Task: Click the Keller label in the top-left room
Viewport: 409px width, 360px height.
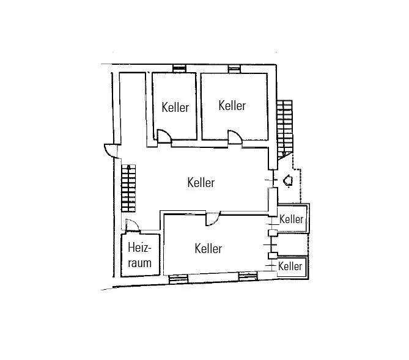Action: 175,107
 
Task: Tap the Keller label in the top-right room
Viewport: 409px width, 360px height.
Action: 232,106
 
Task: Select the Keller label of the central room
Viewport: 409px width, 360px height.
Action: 201,182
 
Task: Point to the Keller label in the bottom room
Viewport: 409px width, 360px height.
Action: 208,248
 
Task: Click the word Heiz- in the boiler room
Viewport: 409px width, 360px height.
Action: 139,248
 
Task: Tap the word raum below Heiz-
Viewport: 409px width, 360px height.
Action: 139,263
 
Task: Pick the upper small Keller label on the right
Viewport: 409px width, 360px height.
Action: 291,219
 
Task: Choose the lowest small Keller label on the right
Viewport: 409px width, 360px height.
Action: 290,266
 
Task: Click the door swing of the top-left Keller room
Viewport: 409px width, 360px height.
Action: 164,136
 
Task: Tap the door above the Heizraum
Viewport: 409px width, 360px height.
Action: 132,225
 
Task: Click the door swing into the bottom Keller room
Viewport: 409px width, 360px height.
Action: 212,219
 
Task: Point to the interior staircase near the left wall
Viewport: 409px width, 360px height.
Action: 128,188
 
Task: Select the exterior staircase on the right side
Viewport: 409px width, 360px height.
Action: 284,129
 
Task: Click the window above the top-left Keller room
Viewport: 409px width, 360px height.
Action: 180,68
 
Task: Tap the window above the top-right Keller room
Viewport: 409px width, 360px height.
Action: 234,69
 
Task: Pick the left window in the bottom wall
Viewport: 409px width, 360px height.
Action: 179,279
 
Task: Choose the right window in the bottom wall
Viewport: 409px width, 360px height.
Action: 248,276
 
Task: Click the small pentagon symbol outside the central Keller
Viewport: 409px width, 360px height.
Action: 288,180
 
